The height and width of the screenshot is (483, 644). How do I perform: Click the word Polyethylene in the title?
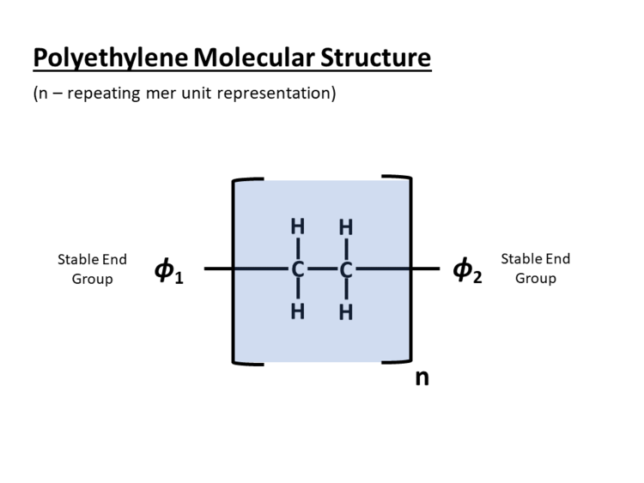(x=112, y=58)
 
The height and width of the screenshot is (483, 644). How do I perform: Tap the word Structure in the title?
(x=375, y=58)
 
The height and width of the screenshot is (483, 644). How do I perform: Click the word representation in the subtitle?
(x=273, y=93)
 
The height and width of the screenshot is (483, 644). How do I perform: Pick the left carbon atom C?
(x=298, y=270)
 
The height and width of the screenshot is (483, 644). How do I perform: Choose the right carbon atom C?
(x=346, y=270)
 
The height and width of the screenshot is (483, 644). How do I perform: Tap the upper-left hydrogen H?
(x=298, y=228)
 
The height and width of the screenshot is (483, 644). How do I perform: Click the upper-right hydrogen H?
(x=346, y=228)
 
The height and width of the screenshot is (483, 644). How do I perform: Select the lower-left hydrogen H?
(x=298, y=311)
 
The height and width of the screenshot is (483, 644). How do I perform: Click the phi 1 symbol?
(x=169, y=271)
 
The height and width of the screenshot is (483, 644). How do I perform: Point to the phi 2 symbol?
(x=467, y=271)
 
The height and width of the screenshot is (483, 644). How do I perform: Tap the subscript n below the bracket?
(x=422, y=377)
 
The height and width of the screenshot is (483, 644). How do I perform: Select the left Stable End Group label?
(x=92, y=269)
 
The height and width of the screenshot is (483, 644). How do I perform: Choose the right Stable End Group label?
(x=535, y=269)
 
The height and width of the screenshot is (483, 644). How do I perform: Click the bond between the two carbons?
(x=322, y=270)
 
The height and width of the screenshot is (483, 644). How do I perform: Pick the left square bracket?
(x=236, y=270)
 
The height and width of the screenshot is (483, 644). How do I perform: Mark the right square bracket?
(x=409, y=270)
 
